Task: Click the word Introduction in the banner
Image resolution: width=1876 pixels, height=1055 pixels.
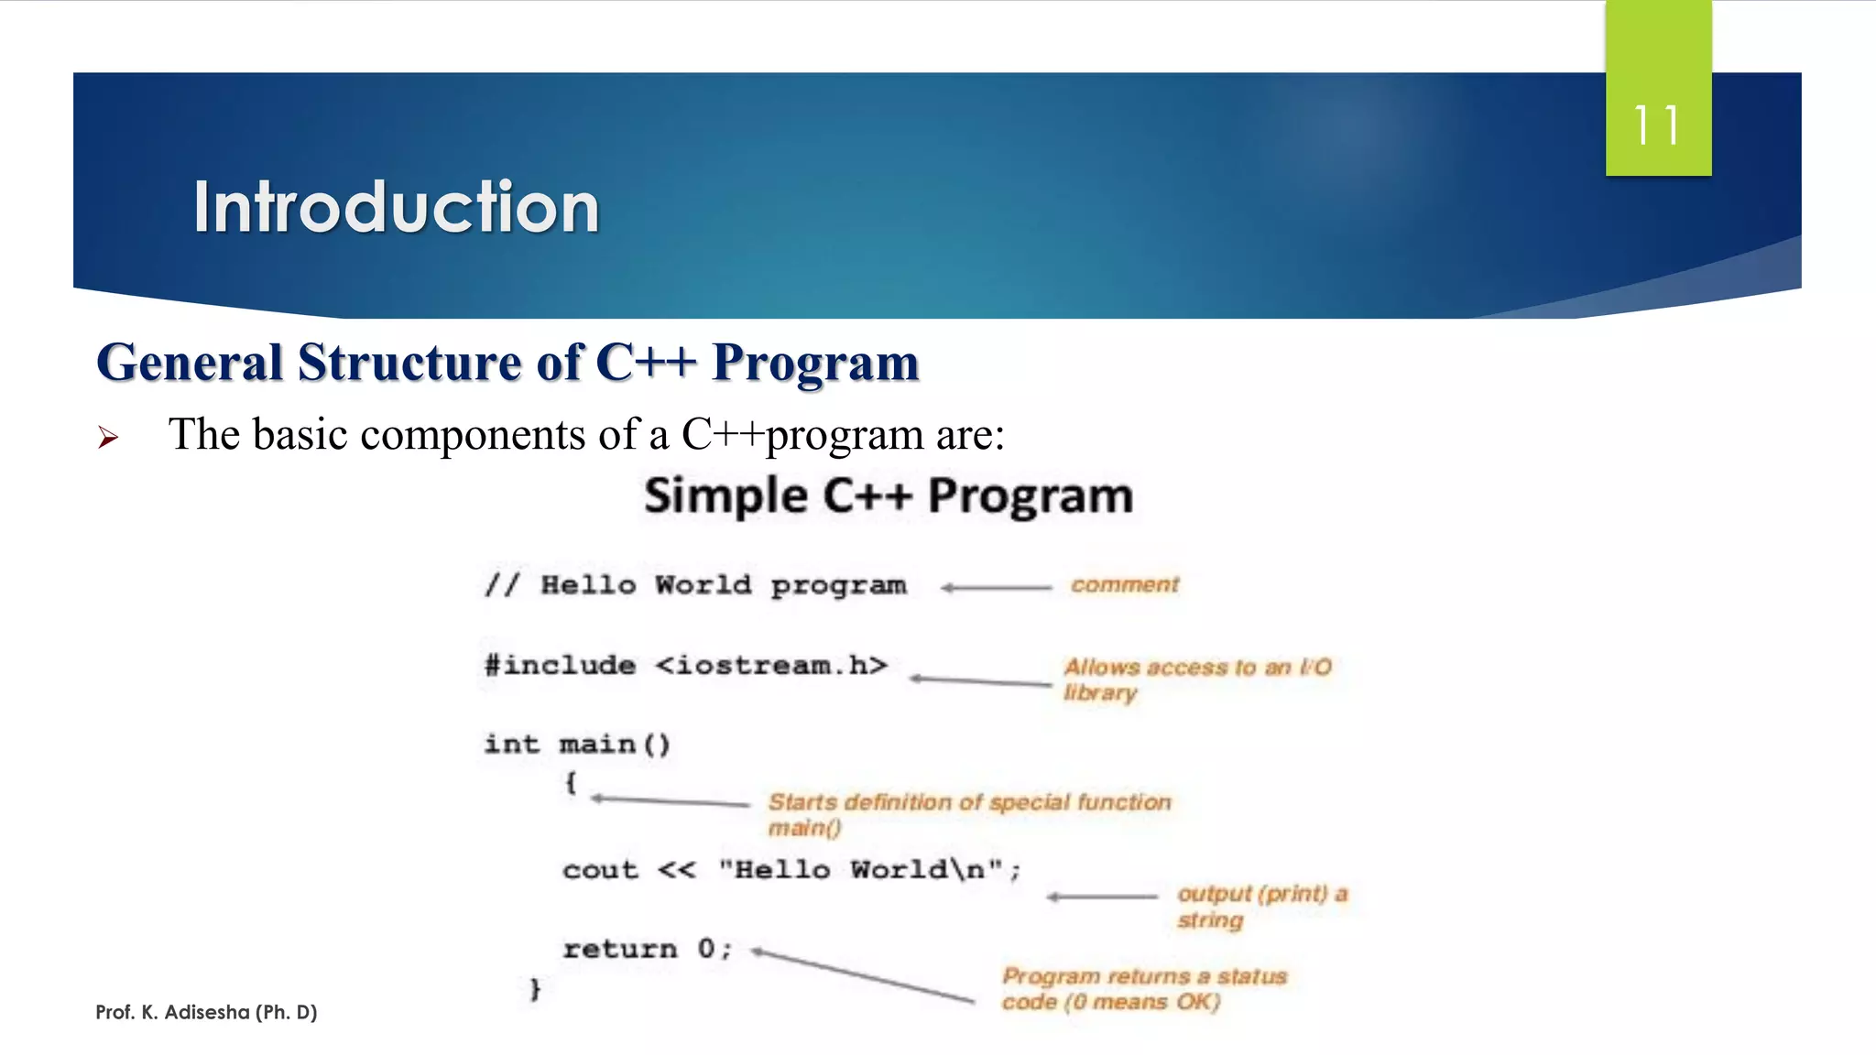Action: [396, 207]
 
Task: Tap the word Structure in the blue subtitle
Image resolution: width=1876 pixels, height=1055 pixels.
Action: [410, 362]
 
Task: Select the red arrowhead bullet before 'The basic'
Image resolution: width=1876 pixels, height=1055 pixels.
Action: [108, 438]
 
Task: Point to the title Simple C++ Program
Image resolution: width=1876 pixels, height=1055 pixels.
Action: [888, 495]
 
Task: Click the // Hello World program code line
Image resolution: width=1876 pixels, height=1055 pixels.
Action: [696, 584]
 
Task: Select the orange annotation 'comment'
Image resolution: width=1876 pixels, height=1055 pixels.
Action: [1124, 584]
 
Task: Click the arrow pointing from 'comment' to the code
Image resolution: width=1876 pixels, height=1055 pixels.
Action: [996, 588]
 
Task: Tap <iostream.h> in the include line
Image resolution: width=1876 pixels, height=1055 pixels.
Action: [771, 665]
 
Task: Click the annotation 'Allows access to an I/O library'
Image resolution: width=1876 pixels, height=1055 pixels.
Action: [1195, 679]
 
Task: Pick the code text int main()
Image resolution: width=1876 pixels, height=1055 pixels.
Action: [577, 744]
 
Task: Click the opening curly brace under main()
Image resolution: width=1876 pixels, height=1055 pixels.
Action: [570, 783]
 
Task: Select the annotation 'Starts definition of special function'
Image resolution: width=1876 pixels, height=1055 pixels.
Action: [968, 803]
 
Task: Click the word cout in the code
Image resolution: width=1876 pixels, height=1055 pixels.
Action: [600, 869]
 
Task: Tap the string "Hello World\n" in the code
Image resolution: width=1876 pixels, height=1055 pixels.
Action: [861, 869]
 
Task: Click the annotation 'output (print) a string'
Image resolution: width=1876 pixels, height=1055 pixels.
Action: [1260, 906]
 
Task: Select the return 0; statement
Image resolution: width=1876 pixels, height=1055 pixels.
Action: [647, 949]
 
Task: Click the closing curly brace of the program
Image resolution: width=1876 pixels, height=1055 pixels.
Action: [535, 989]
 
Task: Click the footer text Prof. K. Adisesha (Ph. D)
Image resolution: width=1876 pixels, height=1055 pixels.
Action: [206, 1012]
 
